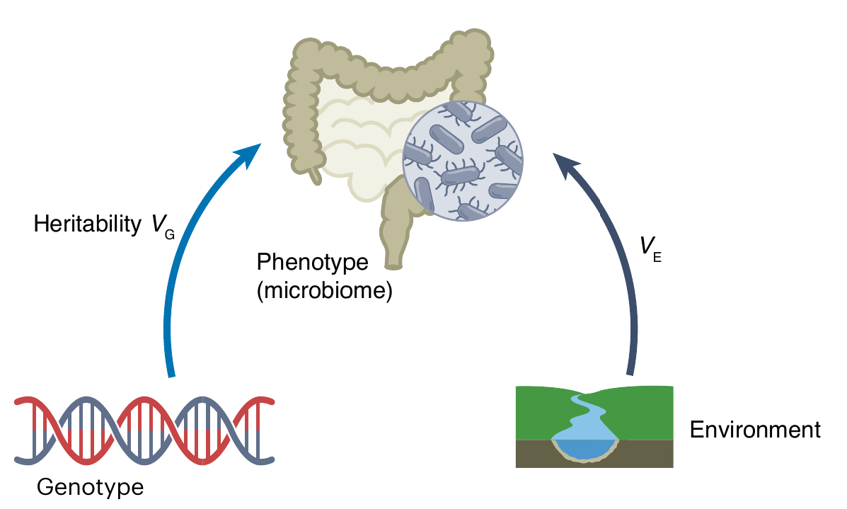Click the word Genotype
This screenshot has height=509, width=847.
(x=90, y=488)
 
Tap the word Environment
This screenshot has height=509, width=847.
(x=755, y=430)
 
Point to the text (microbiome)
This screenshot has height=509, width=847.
(x=324, y=290)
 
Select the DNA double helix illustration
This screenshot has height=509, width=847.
(x=144, y=430)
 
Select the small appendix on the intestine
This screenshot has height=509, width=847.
(x=316, y=174)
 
